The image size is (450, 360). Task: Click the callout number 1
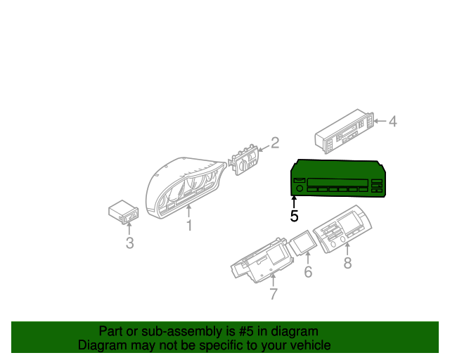click(188, 225)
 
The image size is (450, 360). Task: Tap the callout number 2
click(275, 143)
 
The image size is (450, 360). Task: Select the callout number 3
click(129, 243)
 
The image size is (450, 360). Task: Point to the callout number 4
click(392, 122)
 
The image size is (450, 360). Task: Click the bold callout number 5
click(295, 217)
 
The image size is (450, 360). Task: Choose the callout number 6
click(308, 272)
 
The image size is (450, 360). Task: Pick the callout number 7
click(274, 294)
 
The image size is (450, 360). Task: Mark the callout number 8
click(347, 263)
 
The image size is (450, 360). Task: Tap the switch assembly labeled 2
click(243, 160)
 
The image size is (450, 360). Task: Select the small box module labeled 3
click(122, 212)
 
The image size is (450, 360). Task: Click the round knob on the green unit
click(299, 188)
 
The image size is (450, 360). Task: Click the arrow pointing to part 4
click(379, 122)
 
